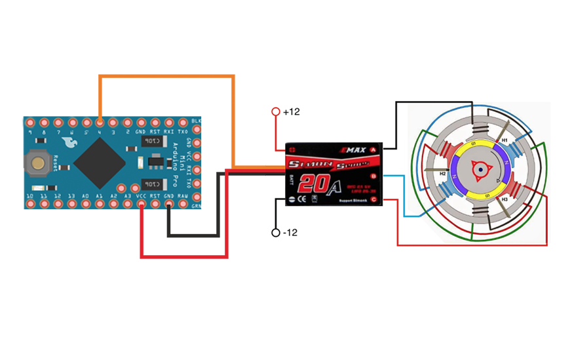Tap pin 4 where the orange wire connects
click(100, 123)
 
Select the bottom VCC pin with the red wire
click(141, 205)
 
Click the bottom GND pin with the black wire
click(169, 205)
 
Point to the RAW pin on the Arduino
click(183, 205)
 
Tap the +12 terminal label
click(291, 112)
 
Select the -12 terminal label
click(290, 233)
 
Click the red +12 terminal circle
click(276, 112)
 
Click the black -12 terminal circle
click(276, 233)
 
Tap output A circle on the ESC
click(373, 150)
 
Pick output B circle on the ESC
click(373, 176)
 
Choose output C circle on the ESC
click(373, 199)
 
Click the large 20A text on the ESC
click(321, 184)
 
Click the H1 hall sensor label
click(504, 140)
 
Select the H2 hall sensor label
click(443, 174)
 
